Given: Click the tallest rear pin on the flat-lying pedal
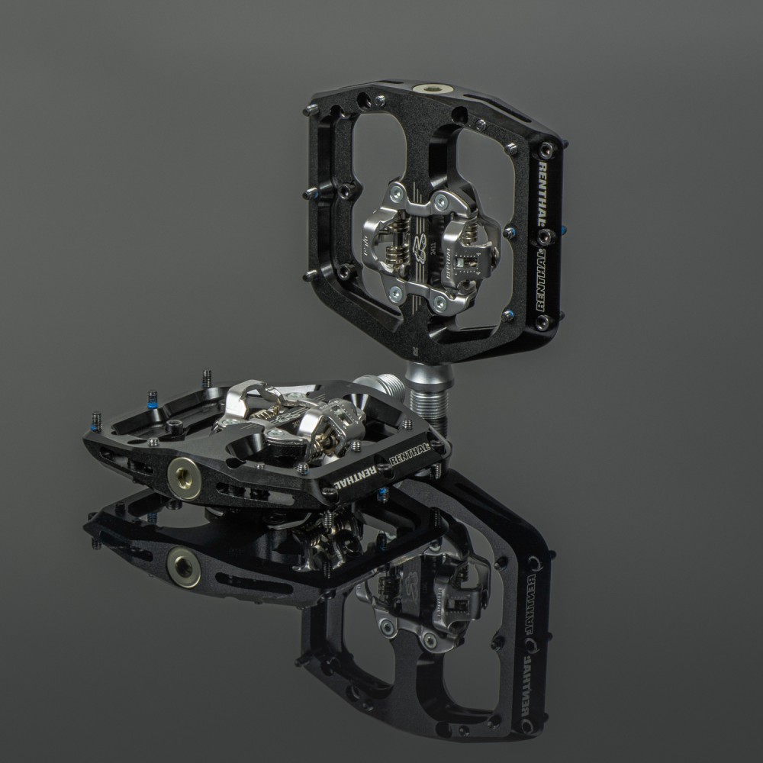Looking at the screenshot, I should [207, 377].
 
